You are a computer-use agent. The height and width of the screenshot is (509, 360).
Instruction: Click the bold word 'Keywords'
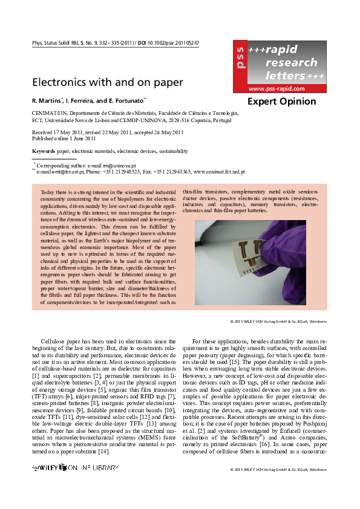[43, 151]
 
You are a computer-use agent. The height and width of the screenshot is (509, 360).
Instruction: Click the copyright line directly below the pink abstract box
[279, 320]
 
